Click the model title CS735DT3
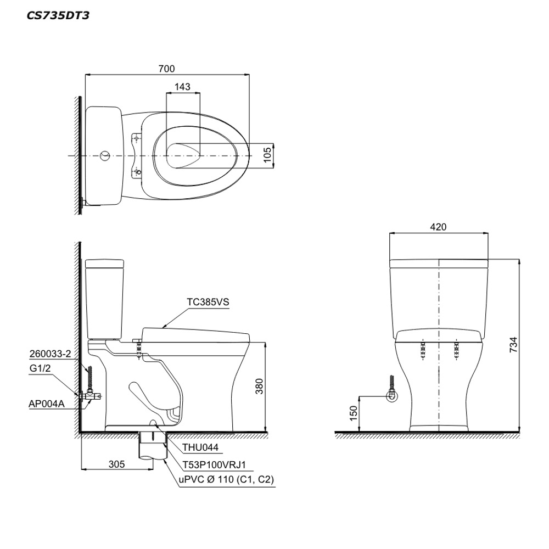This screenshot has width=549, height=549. tap(58, 15)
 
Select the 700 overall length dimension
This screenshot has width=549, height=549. tap(166, 69)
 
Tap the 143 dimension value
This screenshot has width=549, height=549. tap(182, 87)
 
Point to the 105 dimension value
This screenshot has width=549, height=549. tap(267, 155)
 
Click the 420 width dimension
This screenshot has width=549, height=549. tap(438, 227)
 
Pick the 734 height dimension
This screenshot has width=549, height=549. tap(513, 345)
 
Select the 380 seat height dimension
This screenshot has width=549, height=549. tap(259, 386)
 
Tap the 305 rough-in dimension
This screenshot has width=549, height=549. tap(116, 464)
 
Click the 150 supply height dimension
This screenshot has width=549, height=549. tap(354, 413)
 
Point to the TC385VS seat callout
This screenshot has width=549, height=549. tap(208, 302)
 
